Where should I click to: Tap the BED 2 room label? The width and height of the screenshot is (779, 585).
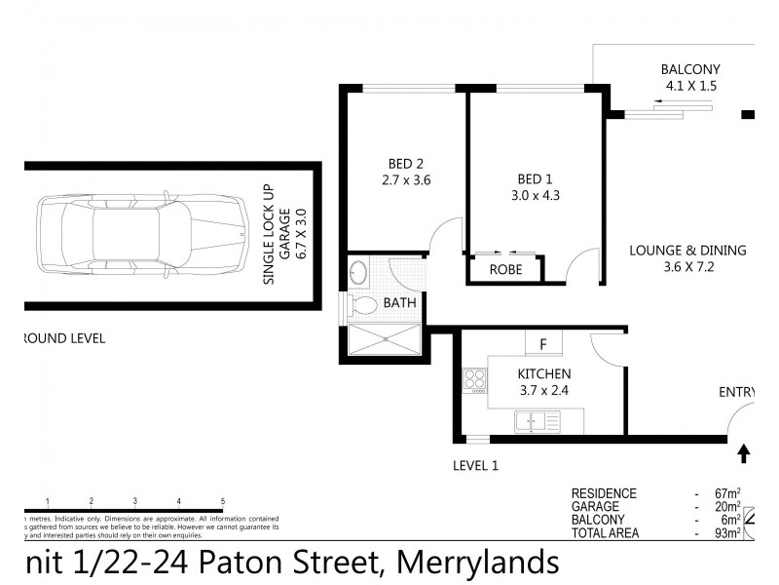point(405,163)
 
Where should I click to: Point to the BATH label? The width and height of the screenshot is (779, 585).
point(399,303)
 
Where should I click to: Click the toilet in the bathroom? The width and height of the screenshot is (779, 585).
point(362,305)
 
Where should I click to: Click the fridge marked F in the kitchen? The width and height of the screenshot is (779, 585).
point(543,343)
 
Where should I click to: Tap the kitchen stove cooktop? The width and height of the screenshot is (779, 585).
point(474,378)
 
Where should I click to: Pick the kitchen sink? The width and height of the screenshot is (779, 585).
point(538,420)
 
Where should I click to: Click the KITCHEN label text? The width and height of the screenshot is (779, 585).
point(543,374)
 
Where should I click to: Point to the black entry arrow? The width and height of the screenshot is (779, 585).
point(745,453)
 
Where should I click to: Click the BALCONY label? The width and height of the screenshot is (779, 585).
point(689,69)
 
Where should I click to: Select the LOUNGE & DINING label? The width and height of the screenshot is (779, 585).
point(687,250)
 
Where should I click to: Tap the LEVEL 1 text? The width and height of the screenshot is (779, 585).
point(476,466)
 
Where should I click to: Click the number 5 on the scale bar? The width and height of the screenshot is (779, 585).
point(223,500)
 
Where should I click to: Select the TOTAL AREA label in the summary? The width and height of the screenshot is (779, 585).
point(604,531)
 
